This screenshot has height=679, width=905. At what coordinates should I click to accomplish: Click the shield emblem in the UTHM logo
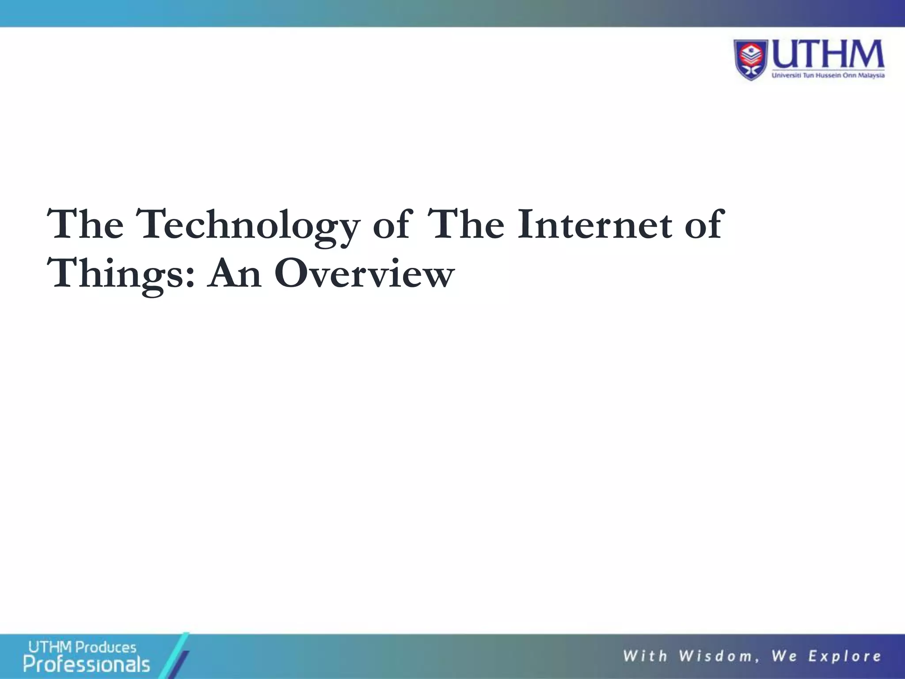pyautogui.click(x=752, y=60)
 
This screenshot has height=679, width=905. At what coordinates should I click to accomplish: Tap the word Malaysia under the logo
pyautogui.click(x=871, y=76)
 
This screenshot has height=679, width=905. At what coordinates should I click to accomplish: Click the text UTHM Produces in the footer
pyautogui.click(x=82, y=648)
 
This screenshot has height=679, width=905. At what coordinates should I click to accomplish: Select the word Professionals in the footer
pyautogui.click(x=87, y=664)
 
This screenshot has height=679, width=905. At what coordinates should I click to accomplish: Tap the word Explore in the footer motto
pyautogui.click(x=845, y=656)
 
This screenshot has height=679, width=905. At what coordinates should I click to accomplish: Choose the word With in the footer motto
pyautogui.click(x=645, y=656)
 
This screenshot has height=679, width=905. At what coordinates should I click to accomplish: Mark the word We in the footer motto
pyautogui.click(x=784, y=656)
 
